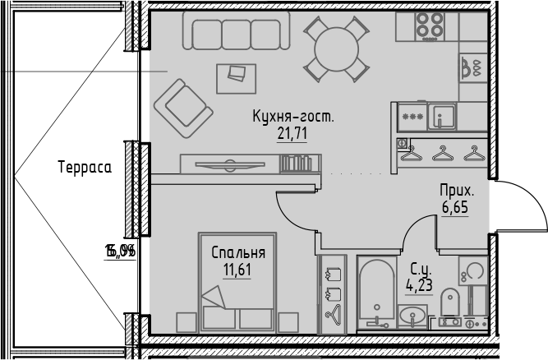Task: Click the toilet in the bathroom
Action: tap(449, 305)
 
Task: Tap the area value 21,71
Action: tap(292, 134)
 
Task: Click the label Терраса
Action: tap(85, 166)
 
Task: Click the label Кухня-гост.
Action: tap(292, 118)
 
